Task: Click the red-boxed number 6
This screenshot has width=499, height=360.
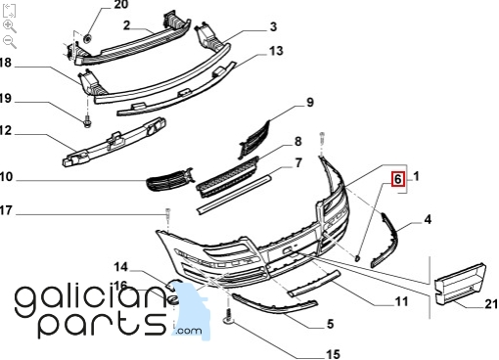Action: pyautogui.click(x=398, y=179)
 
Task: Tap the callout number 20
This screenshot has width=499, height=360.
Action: pyautogui.click(x=121, y=5)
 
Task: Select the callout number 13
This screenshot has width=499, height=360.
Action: pyautogui.click(x=276, y=51)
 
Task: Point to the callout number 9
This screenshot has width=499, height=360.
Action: pyautogui.click(x=310, y=103)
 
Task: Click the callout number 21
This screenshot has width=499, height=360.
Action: pyautogui.click(x=491, y=304)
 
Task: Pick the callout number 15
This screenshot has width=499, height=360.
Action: pyautogui.click(x=333, y=354)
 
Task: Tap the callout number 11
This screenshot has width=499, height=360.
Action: pyautogui.click(x=401, y=301)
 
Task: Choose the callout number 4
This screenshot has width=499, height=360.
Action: pyautogui.click(x=428, y=219)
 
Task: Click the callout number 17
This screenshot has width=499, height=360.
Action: pyautogui.click(x=6, y=210)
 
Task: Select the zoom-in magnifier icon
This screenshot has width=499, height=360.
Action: pyautogui.click(x=9, y=26)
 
